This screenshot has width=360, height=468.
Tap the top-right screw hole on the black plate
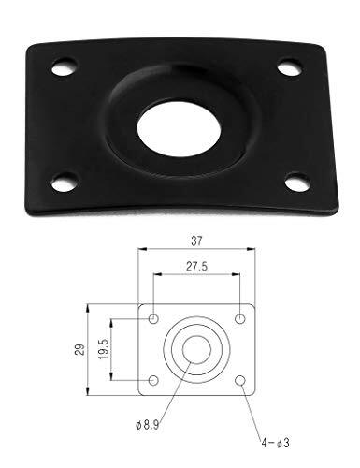click(291, 66)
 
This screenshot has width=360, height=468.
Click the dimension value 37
click(197, 241)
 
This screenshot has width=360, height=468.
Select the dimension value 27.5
click(197, 268)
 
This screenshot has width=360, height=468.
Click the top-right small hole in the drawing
click(240, 320)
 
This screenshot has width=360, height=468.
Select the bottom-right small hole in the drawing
click(240, 380)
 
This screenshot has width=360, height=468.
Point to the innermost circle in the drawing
click(197, 350)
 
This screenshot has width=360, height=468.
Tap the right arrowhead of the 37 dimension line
click(253, 250)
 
